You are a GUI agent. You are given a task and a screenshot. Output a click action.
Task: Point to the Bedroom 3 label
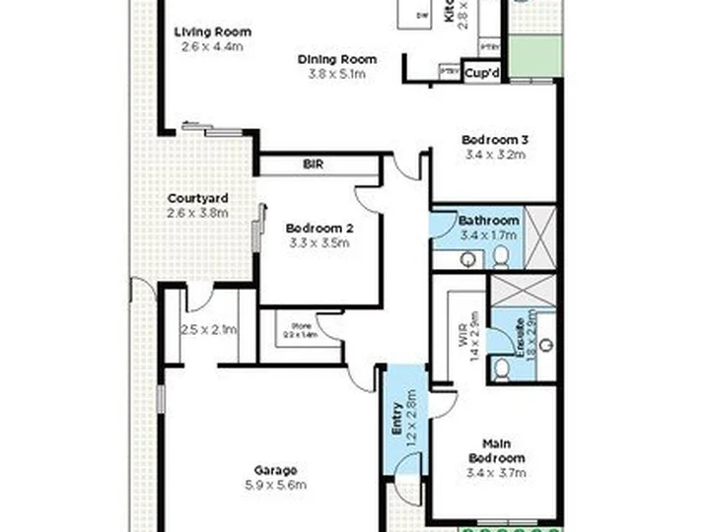pos(494,139)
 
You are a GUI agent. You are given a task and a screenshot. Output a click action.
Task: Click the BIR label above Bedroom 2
pos(314,165)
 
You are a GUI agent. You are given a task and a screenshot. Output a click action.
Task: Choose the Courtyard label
pos(197,198)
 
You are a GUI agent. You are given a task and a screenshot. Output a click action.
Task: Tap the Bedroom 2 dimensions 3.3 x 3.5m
pos(320,241)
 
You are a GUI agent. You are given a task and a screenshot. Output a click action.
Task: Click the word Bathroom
pos(488,221)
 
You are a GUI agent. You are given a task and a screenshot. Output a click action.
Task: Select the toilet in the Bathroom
pos(500,256)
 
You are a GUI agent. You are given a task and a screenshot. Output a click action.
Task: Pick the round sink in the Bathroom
pos(468,259)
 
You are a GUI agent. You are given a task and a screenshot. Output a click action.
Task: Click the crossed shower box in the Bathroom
pos(539,237)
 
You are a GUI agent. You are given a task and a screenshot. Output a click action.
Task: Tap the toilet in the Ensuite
pos(502,367)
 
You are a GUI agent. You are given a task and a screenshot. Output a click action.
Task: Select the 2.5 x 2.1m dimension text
pos(208,329)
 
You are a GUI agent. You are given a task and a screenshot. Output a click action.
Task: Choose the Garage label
pos(275,470)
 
